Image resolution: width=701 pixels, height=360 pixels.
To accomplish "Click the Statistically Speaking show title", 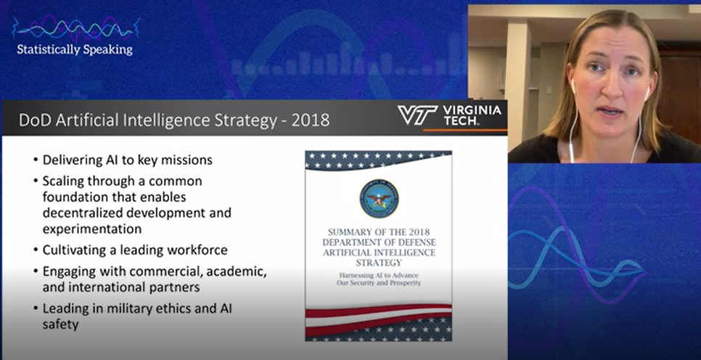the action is click(75, 49).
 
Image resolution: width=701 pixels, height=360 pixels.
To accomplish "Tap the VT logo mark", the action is click(417, 115).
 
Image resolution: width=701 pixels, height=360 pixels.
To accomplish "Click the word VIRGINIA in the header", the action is click(472, 110).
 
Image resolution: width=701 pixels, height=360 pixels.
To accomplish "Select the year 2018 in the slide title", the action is click(311, 120).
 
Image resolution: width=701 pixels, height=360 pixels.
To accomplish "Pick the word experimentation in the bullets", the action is click(92, 229).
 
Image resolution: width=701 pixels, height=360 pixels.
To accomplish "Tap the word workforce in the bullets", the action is click(197, 250).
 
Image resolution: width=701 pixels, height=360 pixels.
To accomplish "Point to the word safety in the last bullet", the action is click(60, 324).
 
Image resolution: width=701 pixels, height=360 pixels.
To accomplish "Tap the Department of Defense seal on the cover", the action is click(379, 199).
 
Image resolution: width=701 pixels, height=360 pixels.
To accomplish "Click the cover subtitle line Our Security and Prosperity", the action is click(379, 283).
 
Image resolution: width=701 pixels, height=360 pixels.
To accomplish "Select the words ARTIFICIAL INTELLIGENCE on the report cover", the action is click(379, 253).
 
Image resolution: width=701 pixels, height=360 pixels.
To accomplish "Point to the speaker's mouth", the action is click(610, 110).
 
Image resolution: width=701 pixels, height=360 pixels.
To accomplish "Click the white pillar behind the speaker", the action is click(517, 80).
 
